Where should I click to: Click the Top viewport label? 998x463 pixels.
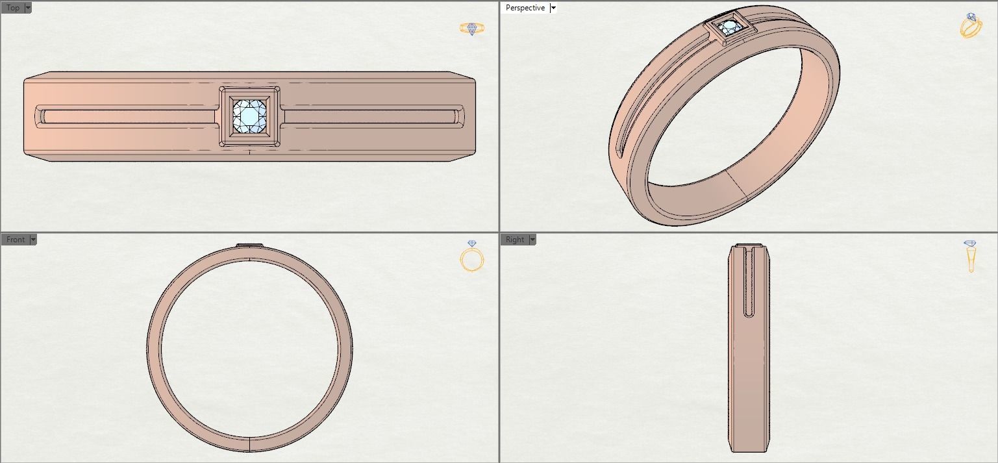(12, 8)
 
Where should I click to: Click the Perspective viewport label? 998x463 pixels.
(525, 8)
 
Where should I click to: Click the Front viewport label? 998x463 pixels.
(15, 240)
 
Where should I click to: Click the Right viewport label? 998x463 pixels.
(514, 240)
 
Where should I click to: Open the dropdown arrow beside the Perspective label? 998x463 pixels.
(553, 8)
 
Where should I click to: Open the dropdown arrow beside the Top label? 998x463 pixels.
(28, 8)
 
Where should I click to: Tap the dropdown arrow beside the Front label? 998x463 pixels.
(33, 240)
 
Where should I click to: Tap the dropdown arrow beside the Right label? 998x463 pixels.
(532, 240)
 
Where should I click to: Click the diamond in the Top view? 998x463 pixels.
(250, 117)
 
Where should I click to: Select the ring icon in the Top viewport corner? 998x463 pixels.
(471, 29)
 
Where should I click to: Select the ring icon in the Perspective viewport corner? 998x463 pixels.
(970, 26)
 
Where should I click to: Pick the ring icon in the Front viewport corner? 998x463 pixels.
(472, 257)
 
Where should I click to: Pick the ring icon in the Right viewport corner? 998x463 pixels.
(971, 256)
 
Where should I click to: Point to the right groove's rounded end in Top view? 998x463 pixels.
(460, 117)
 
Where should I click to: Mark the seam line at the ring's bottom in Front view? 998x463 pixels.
(250, 444)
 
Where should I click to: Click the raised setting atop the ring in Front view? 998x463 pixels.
(250, 245)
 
